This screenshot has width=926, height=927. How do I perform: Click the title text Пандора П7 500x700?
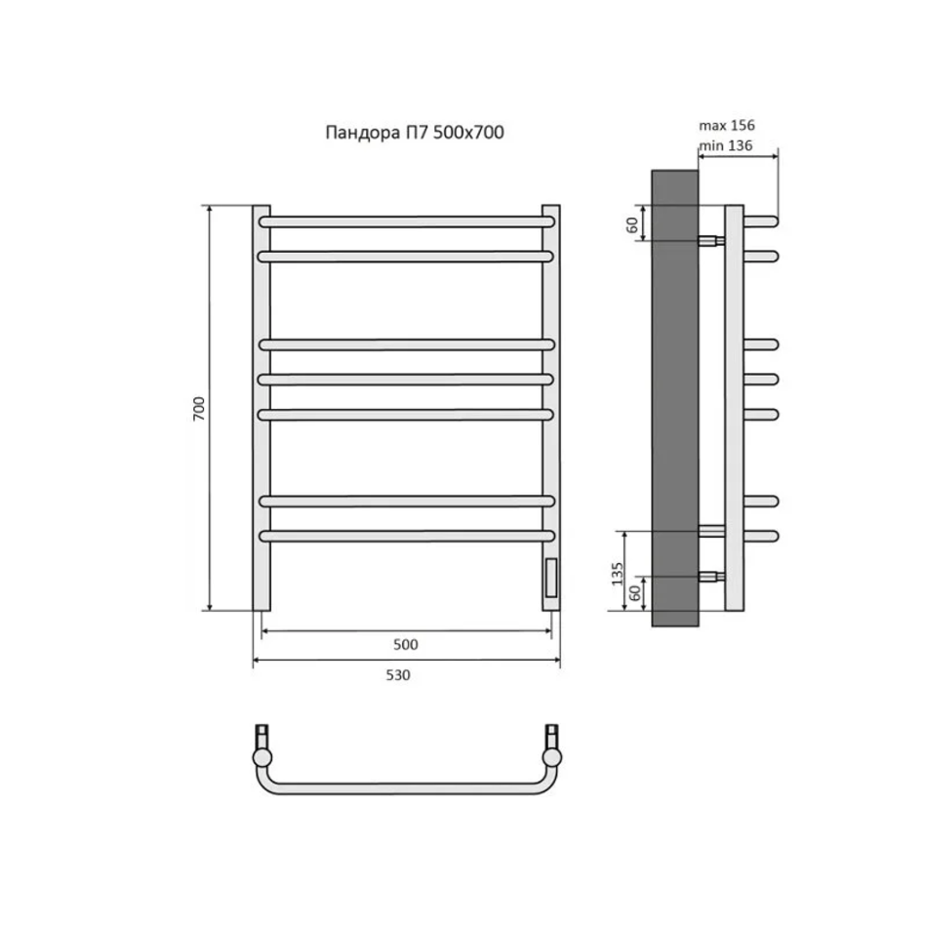point(415,132)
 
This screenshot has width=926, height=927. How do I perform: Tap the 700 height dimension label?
point(199,409)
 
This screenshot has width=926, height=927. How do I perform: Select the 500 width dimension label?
point(406,644)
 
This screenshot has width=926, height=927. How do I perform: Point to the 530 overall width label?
point(398,675)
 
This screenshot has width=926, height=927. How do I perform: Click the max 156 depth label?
point(727,125)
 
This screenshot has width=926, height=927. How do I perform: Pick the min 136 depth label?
point(726,145)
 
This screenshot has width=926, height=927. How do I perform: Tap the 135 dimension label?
point(618,574)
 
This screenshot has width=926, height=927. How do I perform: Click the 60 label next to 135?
point(635,593)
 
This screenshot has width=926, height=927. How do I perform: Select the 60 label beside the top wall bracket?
point(632,224)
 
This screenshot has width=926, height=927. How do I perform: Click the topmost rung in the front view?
point(406,222)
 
